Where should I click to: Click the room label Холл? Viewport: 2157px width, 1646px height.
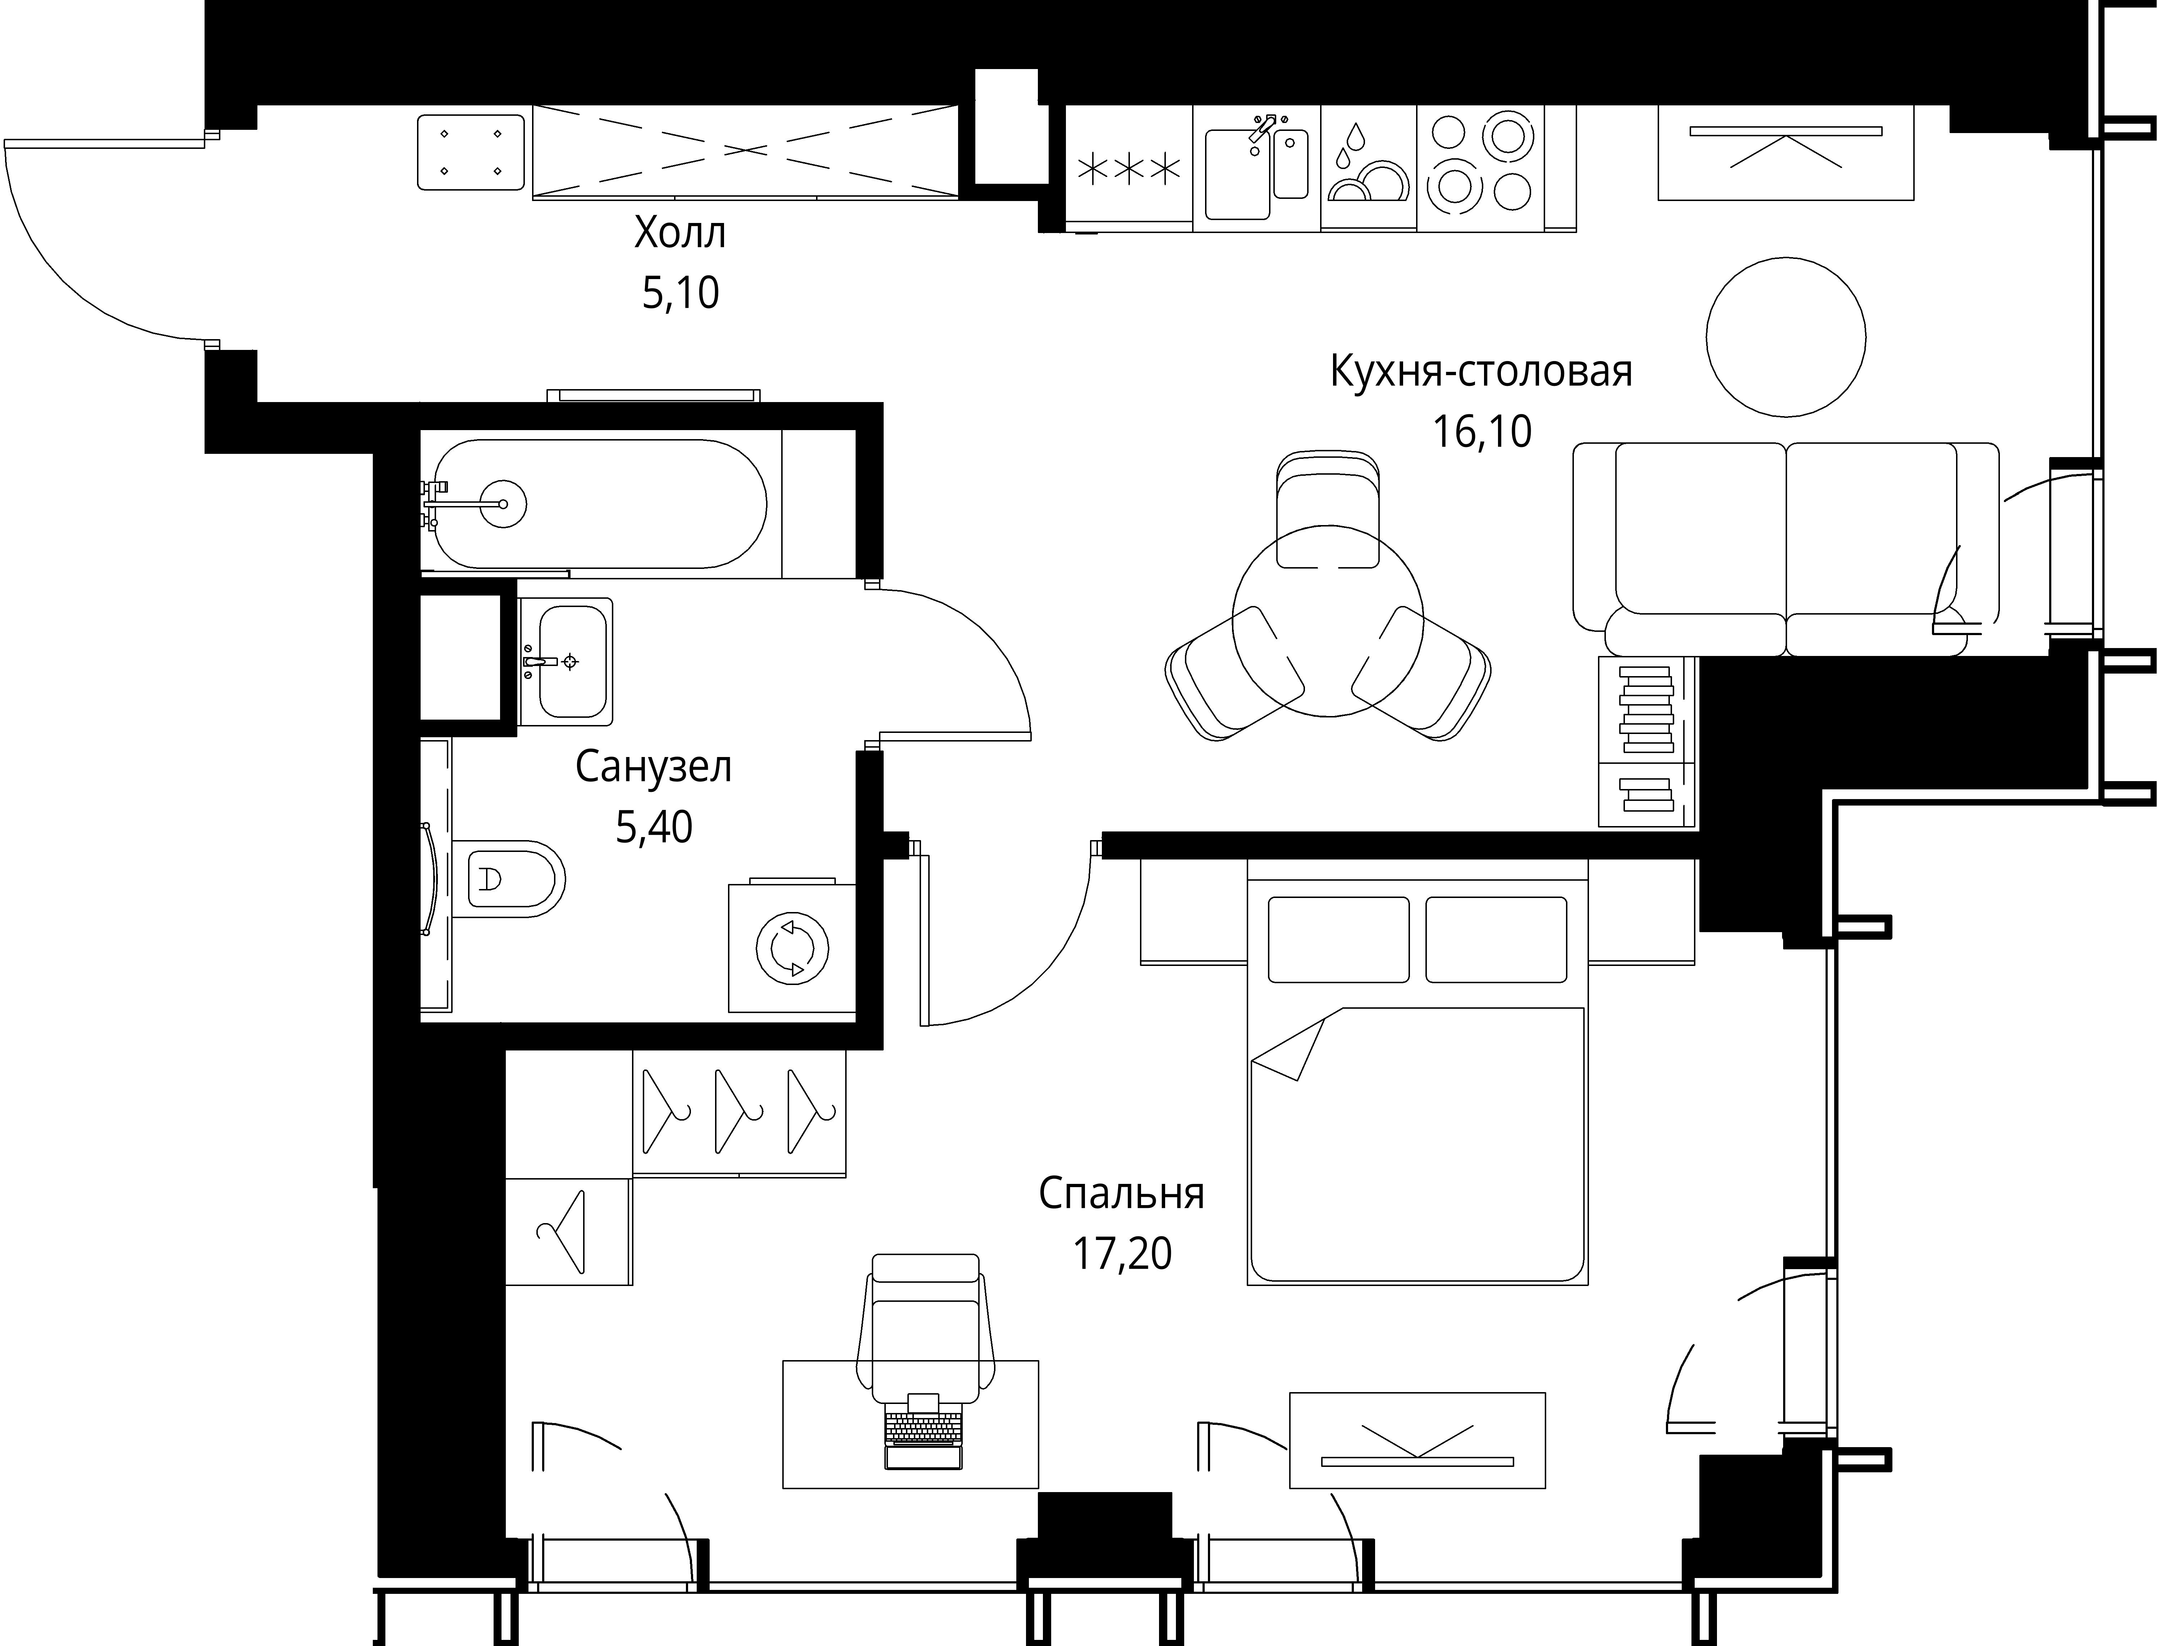click(680, 234)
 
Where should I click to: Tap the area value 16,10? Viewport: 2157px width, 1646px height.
click(1482, 431)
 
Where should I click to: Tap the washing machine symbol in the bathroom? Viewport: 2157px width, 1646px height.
click(792, 947)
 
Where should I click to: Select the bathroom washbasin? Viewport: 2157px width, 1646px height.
click(565, 661)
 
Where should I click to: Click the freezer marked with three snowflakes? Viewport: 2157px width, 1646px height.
click(1128, 169)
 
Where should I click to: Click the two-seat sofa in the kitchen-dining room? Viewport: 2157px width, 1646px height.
click(1786, 549)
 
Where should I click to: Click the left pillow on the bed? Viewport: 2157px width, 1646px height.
click(1338, 939)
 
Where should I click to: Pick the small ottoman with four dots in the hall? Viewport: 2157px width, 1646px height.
click(470, 152)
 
